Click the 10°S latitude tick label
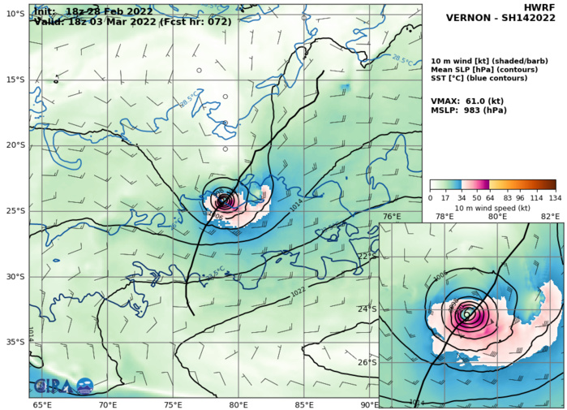click(x=15, y=14)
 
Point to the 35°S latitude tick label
click(x=15, y=342)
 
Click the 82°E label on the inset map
click(x=552, y=217)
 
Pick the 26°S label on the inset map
click(x=368, y=362)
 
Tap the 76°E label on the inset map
click(x=392, y=217)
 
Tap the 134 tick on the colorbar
click(x=555, y=197)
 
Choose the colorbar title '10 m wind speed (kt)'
click(x=492, y=209)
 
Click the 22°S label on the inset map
click(x=368, y=257)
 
